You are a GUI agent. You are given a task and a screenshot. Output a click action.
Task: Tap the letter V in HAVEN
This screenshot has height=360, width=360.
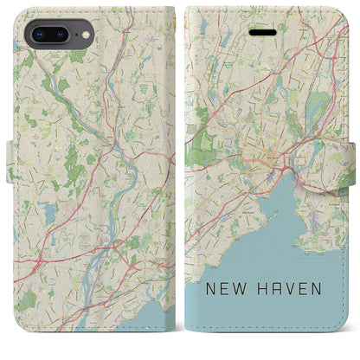(x=290, y=311)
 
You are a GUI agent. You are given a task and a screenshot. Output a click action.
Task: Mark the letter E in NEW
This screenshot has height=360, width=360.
(x=228, y=311)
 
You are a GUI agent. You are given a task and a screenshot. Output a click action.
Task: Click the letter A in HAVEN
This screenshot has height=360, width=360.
(x=275, y=311)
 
